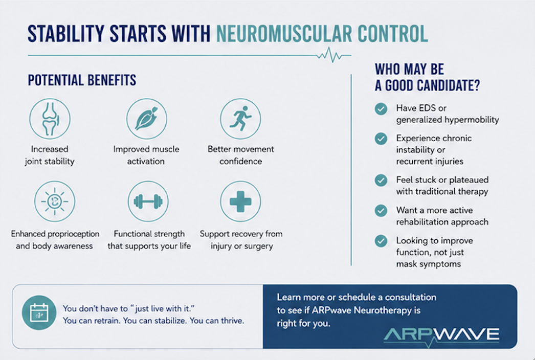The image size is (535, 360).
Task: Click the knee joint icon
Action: tap(50, 119)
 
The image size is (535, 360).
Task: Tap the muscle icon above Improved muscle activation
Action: tap(147, 119)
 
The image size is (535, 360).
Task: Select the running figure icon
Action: tap(240, 119)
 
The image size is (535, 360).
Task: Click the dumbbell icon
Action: tap(148, 201)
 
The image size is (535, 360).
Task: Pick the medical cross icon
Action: tap(240, 201)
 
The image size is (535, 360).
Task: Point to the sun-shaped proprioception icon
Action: tap(55, 201)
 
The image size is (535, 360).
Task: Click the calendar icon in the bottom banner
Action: tap(39, 312)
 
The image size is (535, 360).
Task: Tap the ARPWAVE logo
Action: tap(441, 335)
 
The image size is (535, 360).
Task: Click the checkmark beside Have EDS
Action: tap(381, 109)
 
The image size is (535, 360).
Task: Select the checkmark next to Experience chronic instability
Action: tap(381, 139)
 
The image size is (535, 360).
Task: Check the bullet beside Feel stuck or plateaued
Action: tap(381, 180)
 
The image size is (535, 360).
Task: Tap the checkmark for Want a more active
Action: tap(381, 211)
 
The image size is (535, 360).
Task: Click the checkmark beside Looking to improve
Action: tap(381, 241)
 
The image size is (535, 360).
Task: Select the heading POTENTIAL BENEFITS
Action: tap(82, 80)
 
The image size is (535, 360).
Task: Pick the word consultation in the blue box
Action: tap(411, 297)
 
